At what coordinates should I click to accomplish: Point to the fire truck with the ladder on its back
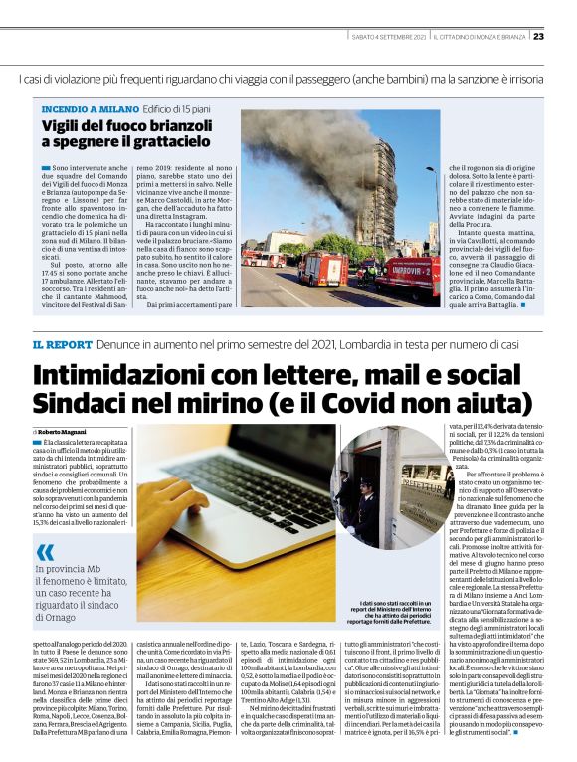(x=323, y=266)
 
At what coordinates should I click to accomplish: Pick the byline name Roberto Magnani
(x=65, y=431)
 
